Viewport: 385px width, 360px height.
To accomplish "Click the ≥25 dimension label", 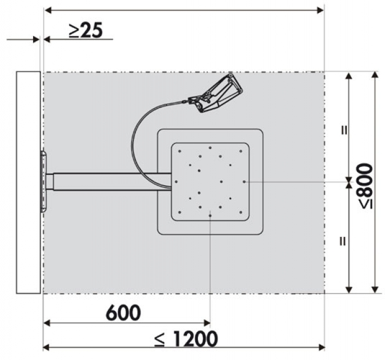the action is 85,30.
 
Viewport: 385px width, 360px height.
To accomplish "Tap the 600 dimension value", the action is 123,313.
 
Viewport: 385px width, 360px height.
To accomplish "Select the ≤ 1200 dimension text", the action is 187,339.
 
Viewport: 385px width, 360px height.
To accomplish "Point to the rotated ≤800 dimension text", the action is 366,186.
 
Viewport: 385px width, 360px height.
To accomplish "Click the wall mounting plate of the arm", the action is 44,182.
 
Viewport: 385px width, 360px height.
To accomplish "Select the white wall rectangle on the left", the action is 29,182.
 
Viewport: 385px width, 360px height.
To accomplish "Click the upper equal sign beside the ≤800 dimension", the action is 345,130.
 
